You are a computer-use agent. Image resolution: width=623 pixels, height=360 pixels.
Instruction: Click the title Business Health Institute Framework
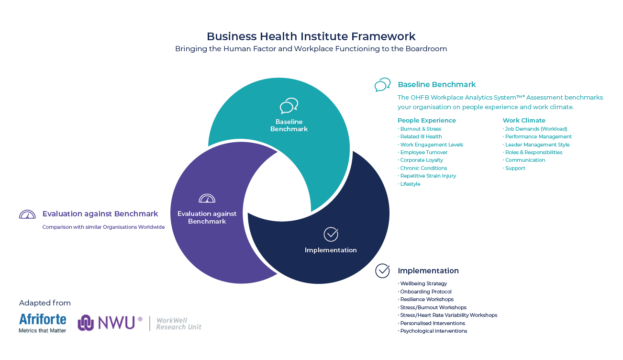click(x=311, y=36)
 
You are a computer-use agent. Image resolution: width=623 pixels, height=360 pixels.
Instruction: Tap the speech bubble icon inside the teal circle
click(x=289, y=106)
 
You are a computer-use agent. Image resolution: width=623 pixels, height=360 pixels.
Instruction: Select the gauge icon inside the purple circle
click(x=207, y=198)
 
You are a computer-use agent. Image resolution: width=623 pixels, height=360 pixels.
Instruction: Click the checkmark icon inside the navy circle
click(x=331, y=234)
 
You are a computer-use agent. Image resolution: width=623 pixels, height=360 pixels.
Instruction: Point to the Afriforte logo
click(x=43, y=323)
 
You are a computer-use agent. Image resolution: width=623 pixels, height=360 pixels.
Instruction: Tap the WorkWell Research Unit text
click(x=178, y=324)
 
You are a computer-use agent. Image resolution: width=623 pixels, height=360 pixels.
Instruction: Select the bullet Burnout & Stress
click(x=420, y=129)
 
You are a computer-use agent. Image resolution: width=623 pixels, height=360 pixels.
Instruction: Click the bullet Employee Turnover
click(x=423, y=152)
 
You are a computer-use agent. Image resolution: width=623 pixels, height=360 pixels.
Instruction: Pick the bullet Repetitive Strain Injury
click(x=427, y=176)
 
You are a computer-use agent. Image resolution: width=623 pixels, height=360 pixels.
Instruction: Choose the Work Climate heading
click(x=524, y=121)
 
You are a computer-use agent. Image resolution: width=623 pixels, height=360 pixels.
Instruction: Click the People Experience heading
click(x=427, y=121)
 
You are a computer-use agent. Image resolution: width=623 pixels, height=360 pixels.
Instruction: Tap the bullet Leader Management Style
click(x=536, y=145)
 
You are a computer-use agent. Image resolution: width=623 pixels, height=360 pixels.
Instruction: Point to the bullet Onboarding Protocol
click(x=425, y=292)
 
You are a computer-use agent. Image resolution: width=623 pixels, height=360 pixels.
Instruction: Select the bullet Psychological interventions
click(x=433, y=331)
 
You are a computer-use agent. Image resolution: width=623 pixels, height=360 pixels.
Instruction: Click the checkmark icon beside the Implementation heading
click(x=383, y=270)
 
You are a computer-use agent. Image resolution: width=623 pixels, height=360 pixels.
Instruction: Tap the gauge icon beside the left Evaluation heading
click(x=27, y=214)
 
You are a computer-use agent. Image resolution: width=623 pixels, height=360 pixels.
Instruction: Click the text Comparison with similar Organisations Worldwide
click(x=103, y=227)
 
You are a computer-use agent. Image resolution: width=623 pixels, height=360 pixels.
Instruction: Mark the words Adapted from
click(x=45, y=303)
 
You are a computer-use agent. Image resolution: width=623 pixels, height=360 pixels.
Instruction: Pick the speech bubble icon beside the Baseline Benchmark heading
click(x=383, y=85)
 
